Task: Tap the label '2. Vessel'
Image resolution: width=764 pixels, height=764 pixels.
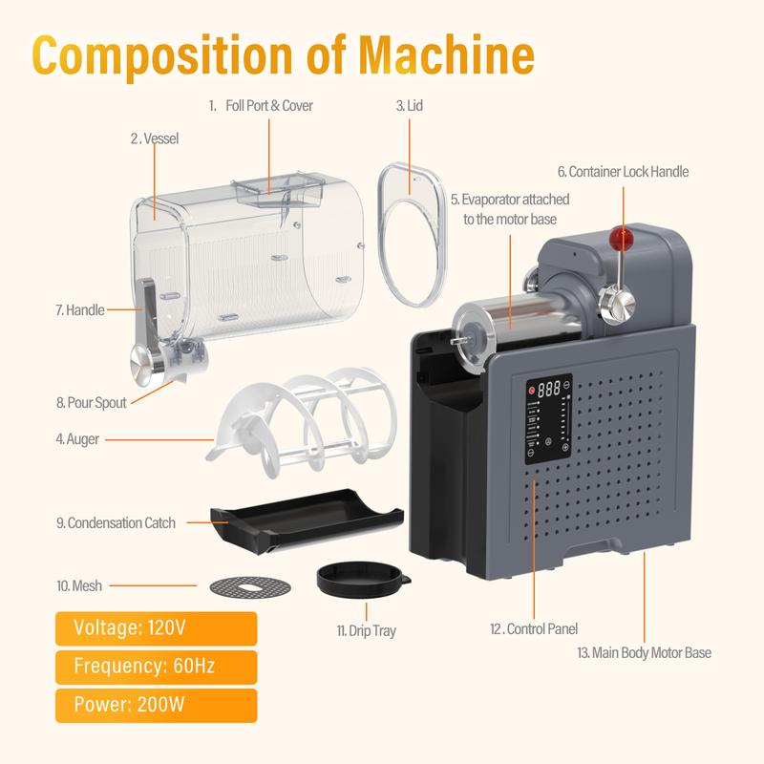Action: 154,138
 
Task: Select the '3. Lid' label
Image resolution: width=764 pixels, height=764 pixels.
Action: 409,105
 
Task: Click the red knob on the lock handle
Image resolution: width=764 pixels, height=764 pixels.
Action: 624,237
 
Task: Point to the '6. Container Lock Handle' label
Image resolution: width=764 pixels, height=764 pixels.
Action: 623,172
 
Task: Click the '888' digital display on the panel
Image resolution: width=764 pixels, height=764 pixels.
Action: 547,390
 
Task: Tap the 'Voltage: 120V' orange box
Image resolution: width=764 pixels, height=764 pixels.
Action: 155,628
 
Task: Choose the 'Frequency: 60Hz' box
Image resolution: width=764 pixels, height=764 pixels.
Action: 155,667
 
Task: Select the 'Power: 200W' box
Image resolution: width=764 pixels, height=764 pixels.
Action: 155,705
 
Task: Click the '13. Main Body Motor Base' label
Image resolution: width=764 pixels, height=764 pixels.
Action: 645,653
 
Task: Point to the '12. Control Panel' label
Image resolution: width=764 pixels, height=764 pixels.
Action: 533,629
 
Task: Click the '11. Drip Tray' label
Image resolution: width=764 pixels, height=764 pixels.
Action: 366,631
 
